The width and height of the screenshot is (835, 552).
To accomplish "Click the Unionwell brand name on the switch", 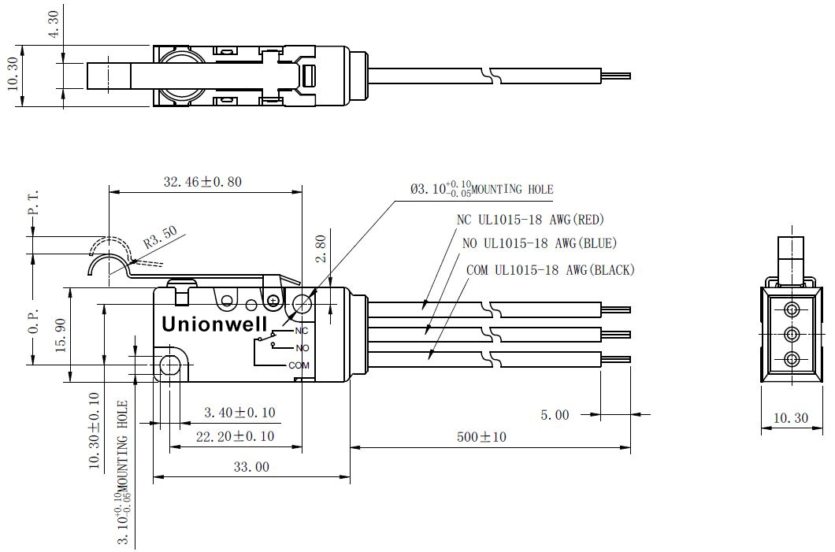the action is (214, 324).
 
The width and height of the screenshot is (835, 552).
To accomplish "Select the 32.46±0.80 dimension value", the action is (202, 182).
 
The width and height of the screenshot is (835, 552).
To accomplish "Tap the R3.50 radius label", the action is (160, 238).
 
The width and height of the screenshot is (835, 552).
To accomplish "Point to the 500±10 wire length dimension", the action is (481, 437).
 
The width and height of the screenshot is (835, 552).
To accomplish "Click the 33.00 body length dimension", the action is (251, 467).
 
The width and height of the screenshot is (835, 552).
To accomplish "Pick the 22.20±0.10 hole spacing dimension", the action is (235, 436).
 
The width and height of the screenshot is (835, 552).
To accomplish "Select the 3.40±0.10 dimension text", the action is (239, 412).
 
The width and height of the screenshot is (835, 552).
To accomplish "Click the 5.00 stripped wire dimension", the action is (555, 415).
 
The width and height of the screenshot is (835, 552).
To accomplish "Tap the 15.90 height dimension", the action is (60, 335).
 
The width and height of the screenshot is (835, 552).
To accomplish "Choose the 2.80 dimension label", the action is (321, 249).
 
